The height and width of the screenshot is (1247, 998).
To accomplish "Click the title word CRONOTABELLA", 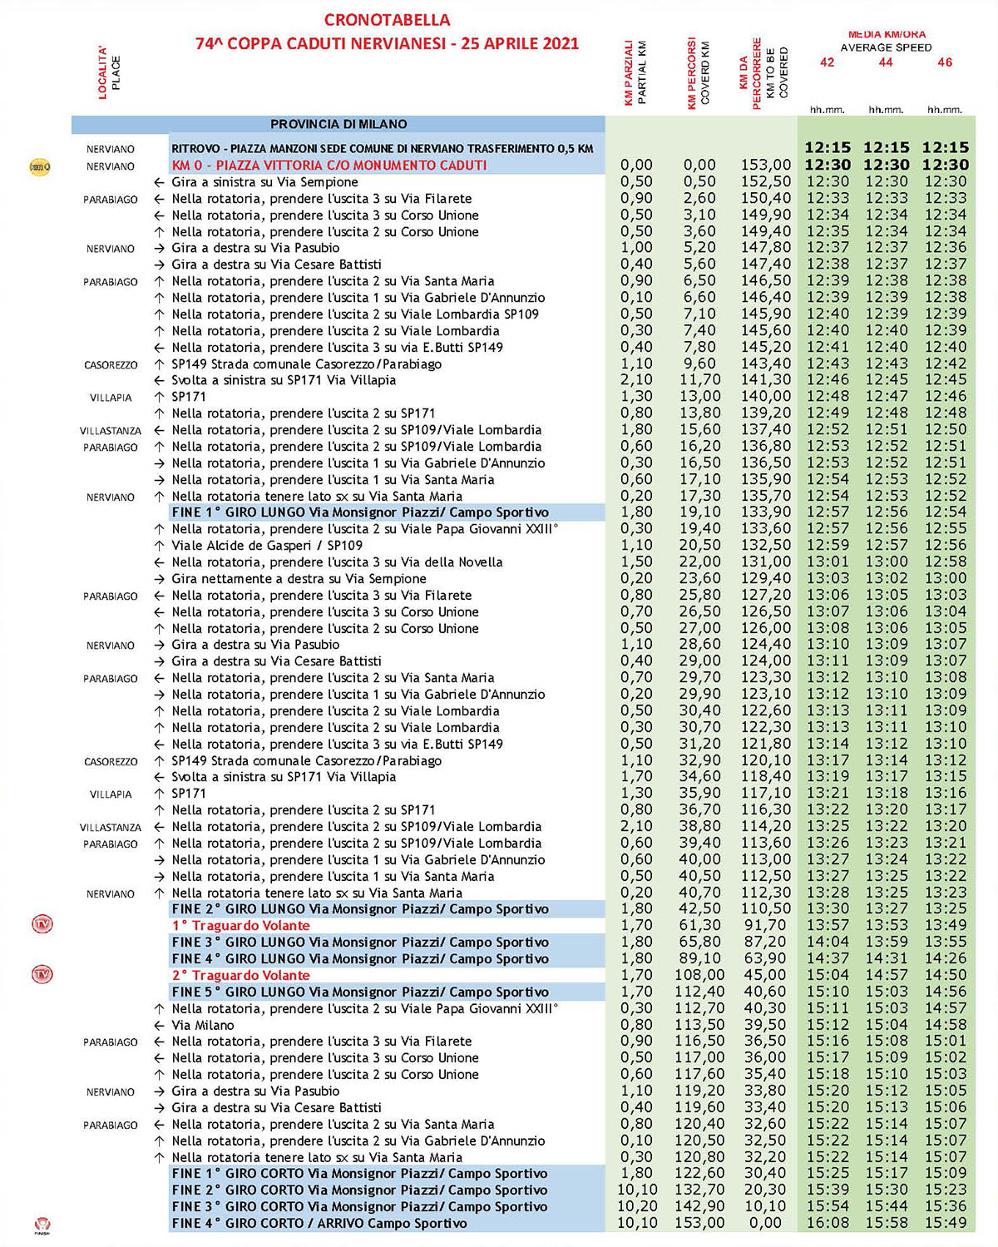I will tap(387, 20).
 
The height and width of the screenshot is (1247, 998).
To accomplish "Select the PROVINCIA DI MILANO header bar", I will tap(338, 124).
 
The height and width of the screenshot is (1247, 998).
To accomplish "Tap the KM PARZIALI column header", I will tap(635, 72).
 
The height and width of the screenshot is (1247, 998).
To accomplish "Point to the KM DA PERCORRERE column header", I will tap(763, 72).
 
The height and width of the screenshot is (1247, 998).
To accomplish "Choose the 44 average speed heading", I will tap(886, 62).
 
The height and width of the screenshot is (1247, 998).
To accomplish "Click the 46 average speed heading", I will tap(945, 62).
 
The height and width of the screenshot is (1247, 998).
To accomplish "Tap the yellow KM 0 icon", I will tap(40, 166).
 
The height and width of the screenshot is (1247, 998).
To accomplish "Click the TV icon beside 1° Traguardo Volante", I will tap(42, 924).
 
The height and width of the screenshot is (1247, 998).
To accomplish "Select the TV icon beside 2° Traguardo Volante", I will tap(42, 974).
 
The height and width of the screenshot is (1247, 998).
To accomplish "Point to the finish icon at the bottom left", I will tap(42, 1225).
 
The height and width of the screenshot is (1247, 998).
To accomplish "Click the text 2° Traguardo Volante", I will tap(240, 975).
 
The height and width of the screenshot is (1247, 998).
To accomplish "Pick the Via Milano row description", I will tap(203, 1025).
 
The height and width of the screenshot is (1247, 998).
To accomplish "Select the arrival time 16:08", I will tap(828, 1223).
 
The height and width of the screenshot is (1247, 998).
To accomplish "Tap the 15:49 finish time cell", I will tap(946, 1223).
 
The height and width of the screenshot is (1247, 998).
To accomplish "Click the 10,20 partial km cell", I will tap(637, 1206).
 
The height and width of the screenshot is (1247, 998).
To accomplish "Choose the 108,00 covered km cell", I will tap(699, 975).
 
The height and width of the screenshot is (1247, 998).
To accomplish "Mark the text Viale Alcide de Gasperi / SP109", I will tap(267, 546).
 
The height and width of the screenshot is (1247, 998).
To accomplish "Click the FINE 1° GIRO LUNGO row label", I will tap(360, 512).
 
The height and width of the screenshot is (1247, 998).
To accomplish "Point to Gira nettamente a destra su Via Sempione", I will tap(299, 579).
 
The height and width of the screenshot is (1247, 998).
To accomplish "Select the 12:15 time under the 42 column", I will tap(828, 147).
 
